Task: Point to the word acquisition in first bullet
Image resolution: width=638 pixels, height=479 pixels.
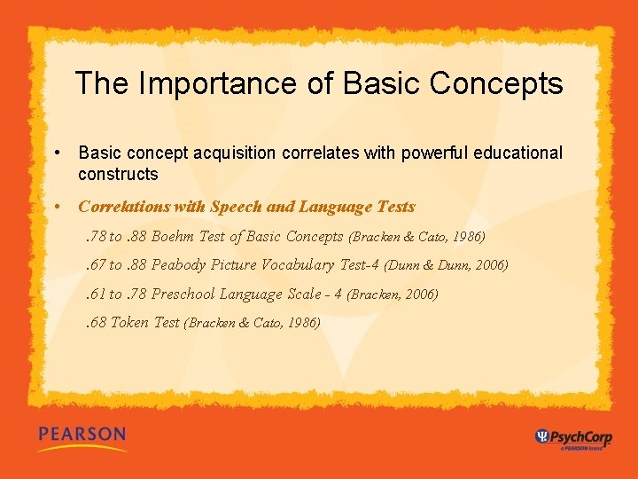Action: click(235, 153)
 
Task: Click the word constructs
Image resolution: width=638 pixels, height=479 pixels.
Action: click(118, 174)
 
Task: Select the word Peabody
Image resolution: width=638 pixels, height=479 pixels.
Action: click(181, 264)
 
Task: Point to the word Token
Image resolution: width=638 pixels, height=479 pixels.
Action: click(129, 322)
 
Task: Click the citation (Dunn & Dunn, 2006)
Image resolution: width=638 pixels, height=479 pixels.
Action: click(446, 265)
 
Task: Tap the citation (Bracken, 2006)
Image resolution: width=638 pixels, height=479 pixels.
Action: click(392, 294)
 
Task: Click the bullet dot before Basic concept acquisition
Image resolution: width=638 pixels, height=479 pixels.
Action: click(56, 153)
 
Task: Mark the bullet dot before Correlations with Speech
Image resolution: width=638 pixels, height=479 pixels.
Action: click(56, 207)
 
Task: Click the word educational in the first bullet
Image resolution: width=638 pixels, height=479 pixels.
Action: click(517, 153)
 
